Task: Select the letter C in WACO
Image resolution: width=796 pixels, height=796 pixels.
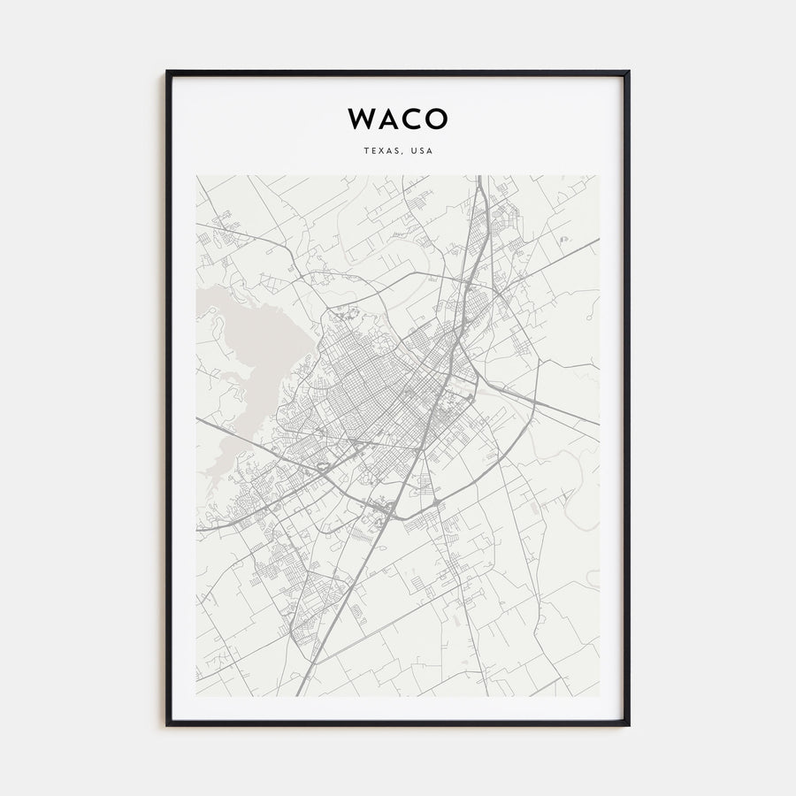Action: coord(412,119)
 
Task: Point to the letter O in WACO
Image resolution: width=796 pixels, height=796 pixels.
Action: coord(437,119)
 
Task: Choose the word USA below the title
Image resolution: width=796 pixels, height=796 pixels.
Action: coord(422,151)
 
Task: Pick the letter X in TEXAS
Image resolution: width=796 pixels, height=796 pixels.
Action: coord(381,151)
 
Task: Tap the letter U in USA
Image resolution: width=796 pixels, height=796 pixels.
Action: coord(413,151)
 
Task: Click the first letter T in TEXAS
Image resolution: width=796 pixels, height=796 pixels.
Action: coord(365,151)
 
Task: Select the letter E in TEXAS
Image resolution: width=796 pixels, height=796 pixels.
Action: coord(373,151)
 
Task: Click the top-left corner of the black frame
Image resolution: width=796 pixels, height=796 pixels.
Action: coord(167,73)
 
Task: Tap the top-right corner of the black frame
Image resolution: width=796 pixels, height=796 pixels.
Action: coord(628,73)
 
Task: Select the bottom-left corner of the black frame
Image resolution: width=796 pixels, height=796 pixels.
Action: coord(167,724)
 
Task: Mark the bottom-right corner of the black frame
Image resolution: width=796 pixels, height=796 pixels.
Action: coord(628,724)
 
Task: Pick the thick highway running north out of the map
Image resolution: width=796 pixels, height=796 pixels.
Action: coord(478,190)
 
